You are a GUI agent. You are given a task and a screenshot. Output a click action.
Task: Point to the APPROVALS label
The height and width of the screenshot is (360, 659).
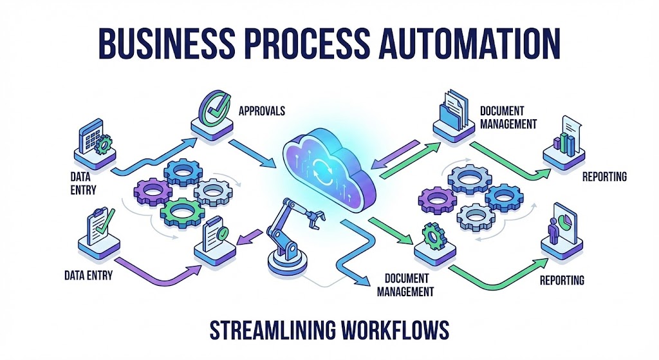click(x=261, y=111)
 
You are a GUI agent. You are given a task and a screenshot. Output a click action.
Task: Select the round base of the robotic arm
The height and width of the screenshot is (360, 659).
click(x=286, y=265)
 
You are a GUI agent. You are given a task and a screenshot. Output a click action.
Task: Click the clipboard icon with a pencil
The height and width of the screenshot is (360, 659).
click(x=97, y=225)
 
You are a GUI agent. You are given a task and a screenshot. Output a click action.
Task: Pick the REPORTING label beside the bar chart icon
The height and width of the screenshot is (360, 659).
click(x=604, y=176)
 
